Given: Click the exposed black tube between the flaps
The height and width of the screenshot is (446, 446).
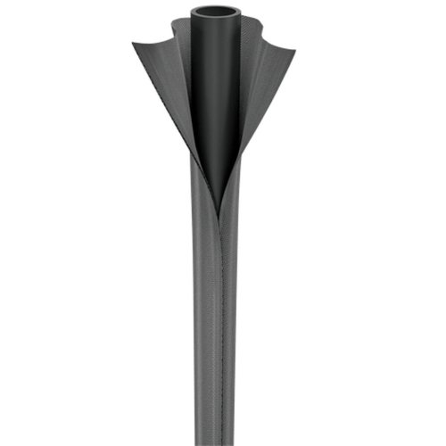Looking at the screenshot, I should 215,98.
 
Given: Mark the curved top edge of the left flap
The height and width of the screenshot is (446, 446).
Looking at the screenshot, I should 161,42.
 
